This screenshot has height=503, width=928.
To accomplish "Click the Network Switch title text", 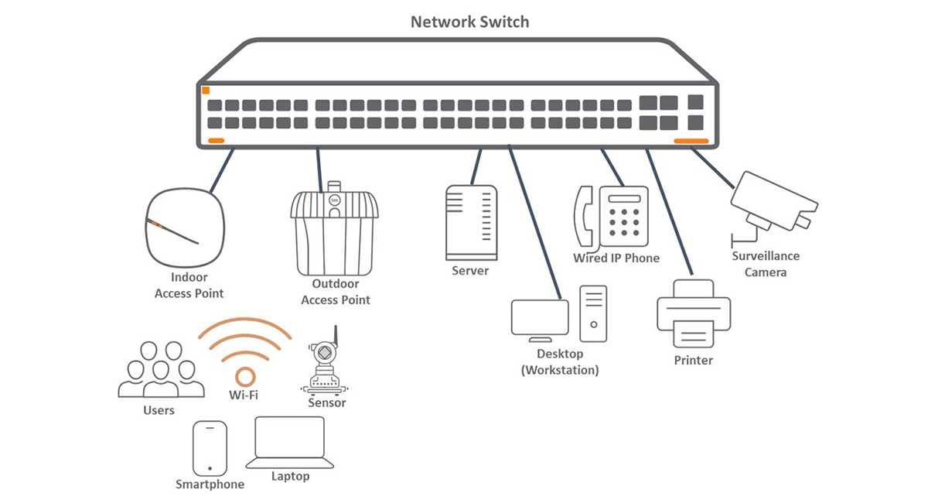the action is [470, 22].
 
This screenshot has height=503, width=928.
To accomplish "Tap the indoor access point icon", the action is [185, 228].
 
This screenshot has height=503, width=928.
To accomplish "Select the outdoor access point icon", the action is [334, 228].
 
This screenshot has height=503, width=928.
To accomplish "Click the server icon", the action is [472, 223].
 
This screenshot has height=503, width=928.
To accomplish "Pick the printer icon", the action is [694, 313].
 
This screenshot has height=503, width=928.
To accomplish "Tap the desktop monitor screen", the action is [540, 317].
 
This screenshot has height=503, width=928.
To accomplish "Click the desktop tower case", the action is [593, 313].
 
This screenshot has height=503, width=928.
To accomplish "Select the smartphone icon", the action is [210, 448].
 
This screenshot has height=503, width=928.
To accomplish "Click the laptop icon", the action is [289, 443].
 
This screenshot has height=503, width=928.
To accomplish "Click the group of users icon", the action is [161, 369].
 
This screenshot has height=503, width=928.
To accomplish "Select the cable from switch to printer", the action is [670, 211].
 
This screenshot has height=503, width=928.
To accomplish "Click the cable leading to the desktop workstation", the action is [535, 222].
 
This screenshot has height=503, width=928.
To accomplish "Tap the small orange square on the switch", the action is [206, 91].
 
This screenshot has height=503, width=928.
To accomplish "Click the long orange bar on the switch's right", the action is [691, 141].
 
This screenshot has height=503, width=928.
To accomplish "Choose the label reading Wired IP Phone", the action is [616, 258].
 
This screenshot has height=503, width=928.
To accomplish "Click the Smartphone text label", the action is [210, 484].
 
